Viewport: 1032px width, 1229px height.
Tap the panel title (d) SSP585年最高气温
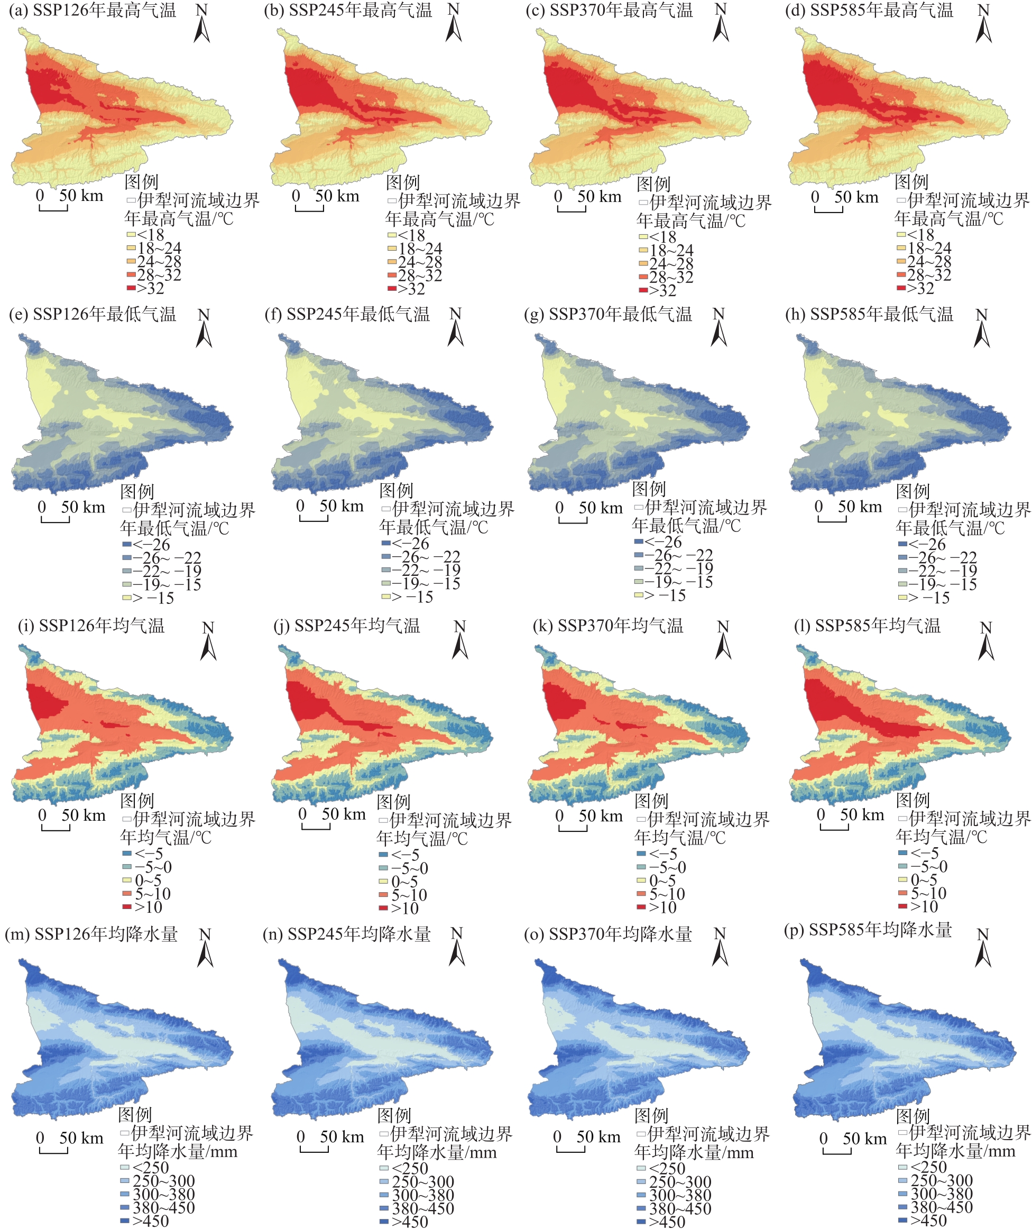869,11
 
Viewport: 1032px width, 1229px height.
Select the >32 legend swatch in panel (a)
131,288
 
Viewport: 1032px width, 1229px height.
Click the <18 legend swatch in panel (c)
643,237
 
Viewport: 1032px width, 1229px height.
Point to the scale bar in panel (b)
309,208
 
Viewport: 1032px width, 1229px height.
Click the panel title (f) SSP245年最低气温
347,314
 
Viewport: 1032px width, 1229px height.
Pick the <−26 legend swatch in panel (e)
127,544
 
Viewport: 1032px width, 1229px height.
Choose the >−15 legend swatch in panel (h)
902,598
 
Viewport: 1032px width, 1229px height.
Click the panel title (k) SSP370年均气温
608,626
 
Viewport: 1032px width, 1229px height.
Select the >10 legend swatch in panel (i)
127,906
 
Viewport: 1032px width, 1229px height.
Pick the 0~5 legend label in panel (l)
924,879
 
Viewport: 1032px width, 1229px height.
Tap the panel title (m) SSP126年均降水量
91,934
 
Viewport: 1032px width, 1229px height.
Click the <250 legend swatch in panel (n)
384,1168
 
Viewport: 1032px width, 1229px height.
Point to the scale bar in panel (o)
570,1150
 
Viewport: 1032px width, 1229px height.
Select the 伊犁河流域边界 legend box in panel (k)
641,819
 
